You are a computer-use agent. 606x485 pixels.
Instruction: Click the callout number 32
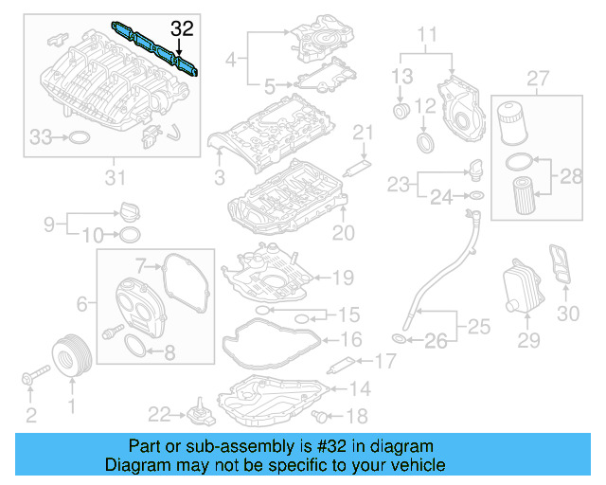point(181,29)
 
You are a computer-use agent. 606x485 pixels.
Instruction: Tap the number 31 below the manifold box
point(115,176)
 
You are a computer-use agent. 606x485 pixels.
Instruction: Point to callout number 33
point(40,138)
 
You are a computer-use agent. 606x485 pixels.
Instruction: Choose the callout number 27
point(538,77)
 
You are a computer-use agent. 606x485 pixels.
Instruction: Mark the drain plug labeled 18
point(326,415)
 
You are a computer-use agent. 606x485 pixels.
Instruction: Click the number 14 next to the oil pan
point(360,388)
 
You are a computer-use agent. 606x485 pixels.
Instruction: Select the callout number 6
point(82,303)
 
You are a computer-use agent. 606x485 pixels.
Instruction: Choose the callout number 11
point(429,37)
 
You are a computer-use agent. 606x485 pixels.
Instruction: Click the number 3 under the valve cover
point(219,176)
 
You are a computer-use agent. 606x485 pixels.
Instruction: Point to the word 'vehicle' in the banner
point(416,465)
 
